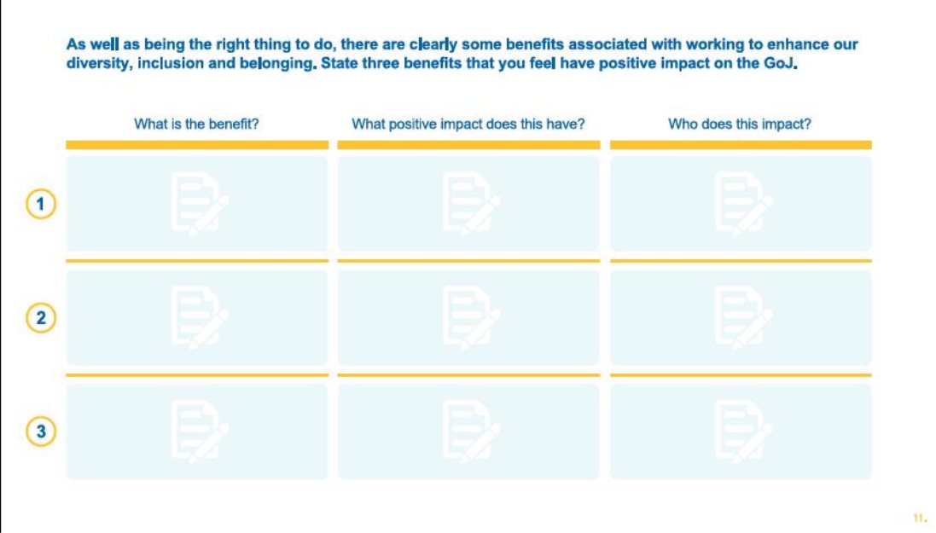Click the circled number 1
pyautogui.click(x=41, y=204)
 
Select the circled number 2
pyautogui.click(x=41, y=317)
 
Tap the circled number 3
pyautogui.click(x=41, y=431)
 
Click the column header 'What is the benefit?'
pyautogui.click(x=196, y=125)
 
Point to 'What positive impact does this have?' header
pyautogui.click(x=468, y=125)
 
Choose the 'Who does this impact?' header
pyautogui.click(x=740, y=125)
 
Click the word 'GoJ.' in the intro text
pyautogui.click(x=781, y=63)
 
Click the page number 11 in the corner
pyautogui.click(x=920, y=519)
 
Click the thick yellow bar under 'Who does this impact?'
pyautogui.click(x=741, y=145)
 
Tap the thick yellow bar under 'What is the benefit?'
pyautogui.click(x=197, y=145)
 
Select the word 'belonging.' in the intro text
pyautogui.click(x=278, y=64)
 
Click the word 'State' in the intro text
pyautogui.click(x=339, y=63)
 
